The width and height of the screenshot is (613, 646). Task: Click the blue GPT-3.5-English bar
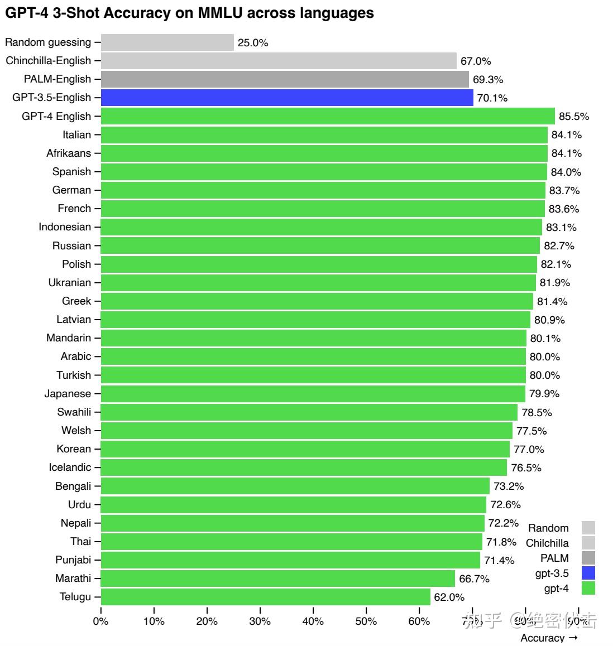pyautogui.click(x=287, y=98)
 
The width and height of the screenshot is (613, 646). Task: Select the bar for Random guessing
pyautogui.click(x=167, y=42)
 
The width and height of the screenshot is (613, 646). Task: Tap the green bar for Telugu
pyautogui.click(x=266, y=597)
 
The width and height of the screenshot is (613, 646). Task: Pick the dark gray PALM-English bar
pyautogui.click(x=285, y=79)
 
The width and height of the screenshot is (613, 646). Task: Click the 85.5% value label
pyautogui.click(x=574, y=117)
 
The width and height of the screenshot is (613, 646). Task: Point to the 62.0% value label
pyautogui.click(x=449, y=597)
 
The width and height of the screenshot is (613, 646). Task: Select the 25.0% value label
pyautogui.click(x=253, y=43)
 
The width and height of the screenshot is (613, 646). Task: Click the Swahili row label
pyautogui.click(x=74, y=412)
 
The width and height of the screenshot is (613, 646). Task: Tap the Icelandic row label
pyautogui.click(x=70, y=467)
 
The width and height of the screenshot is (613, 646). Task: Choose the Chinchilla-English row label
pyautogui.click(x=48, y=61)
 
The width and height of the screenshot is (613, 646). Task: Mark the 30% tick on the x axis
pyautogui.click(x=260, y=621)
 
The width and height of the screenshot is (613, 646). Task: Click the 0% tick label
pyautogui.click(x=100, y=621)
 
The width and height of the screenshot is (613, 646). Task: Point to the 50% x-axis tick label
pyautogui.click(x=366, y=621)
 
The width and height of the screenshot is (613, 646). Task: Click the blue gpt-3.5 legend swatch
pyautogui.click(x=588, y=573)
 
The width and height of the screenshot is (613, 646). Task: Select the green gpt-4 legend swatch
pyautogui.click(x=588, y=588)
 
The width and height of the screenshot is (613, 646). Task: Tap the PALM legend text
pyautogui.click(x=554, y=558)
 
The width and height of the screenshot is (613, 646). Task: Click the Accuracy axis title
pyautogui.click(x=542, y=638)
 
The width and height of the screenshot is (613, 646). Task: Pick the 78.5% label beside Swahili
pyautogui.click(x=537, y=413)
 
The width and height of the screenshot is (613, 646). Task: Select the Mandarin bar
pyautogui.click(x=313, y=338)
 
